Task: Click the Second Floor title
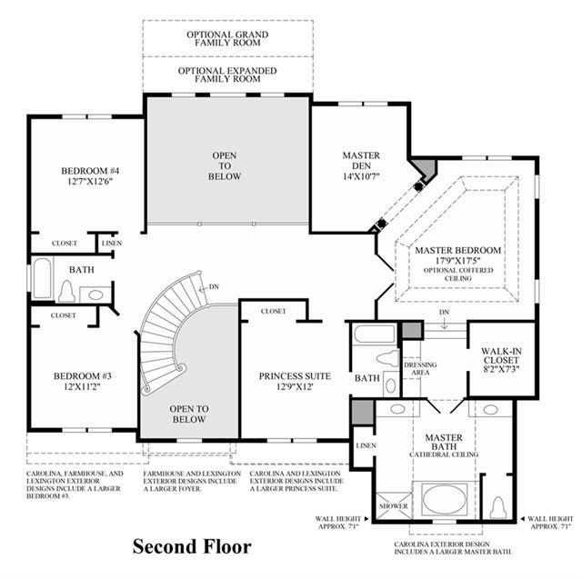click(192, 546)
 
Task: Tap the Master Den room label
click(361, 160)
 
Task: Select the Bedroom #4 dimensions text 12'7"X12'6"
click(90, 182)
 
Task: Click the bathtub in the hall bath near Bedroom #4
click(42, 278)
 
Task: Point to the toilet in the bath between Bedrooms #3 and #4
click(66, 291)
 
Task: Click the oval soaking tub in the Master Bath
click(445, 499)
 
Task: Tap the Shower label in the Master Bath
click(394, 506)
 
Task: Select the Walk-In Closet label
click(501, 355)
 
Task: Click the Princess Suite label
click(295, 376)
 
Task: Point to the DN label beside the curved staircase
click(214, 286)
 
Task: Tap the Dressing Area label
click(420, 369)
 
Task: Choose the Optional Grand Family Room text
click(227, 38)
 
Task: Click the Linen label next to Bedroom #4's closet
click(112, 244)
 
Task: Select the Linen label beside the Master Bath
click(366, 445)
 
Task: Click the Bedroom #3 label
click(83, 376)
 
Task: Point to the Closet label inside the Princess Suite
click(274, 311)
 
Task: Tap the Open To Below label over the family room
click(225, 165)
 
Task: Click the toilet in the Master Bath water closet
click(498, 507)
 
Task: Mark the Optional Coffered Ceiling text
click(458, 275)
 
